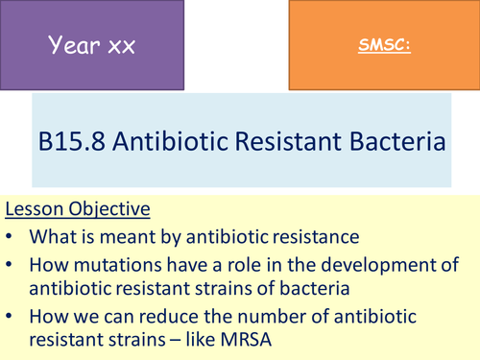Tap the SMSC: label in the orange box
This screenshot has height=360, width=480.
383,45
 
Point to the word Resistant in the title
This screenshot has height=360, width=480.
293,143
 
